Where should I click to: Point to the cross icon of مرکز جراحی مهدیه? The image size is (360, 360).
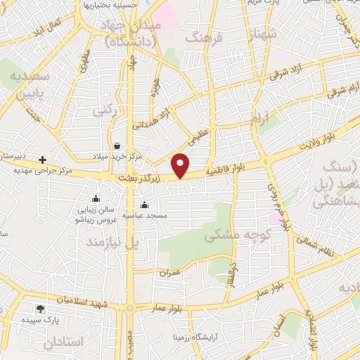point(44,160)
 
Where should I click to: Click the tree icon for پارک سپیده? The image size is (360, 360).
point(40,308)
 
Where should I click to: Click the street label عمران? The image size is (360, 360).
point(170,271)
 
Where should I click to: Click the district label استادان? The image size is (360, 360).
point(63,342)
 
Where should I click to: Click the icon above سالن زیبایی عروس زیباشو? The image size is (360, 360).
point(96,199)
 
